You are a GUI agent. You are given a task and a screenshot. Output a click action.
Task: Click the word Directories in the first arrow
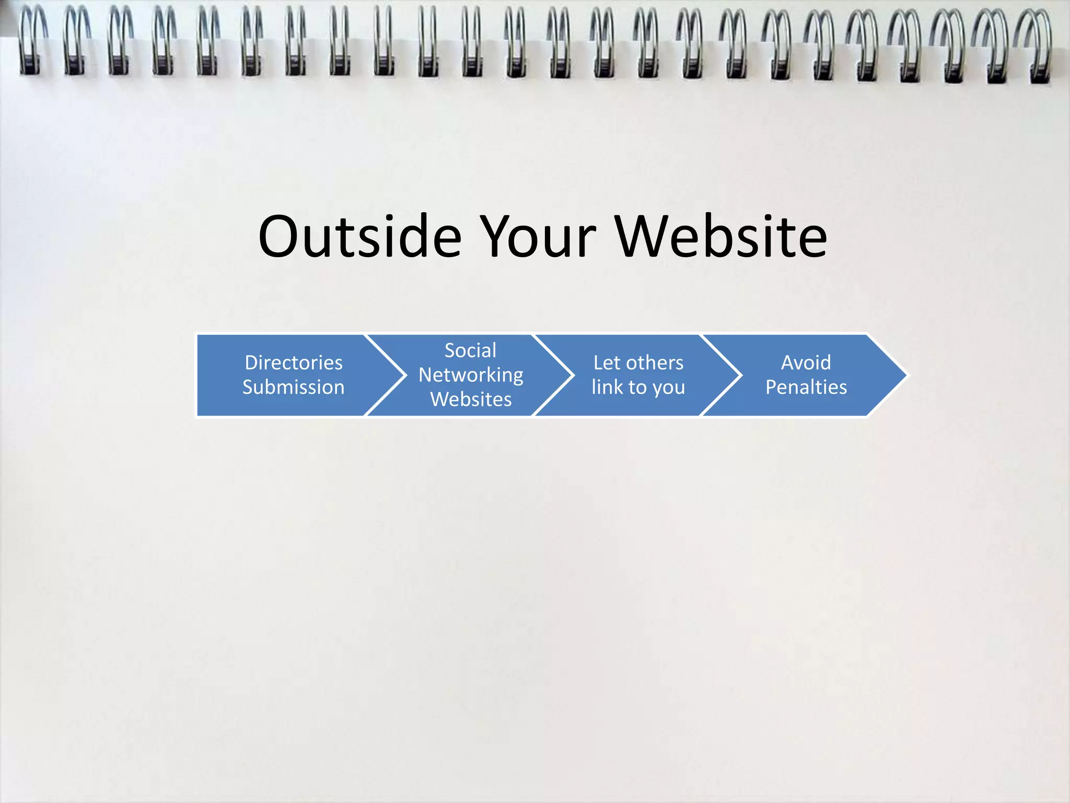pyautogui.click(x=294, y=362)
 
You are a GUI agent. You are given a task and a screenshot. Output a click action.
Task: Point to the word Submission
pyautogui.click(x=294, y=387)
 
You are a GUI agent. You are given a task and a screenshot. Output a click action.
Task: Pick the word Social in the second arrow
pyautogui.click(x=470, y=350)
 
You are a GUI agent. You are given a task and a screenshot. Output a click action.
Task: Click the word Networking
pyautogui.click(x=471, y=375)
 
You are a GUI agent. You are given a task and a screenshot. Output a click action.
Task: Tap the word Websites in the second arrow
pyautogui.click(x=471, y=399)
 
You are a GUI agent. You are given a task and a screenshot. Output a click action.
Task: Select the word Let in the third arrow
pyautogui.click(x=607, y=362)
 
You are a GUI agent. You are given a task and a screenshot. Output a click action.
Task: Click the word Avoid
pyautogui.click(x=806, y=362)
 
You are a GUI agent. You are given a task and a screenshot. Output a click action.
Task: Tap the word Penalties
pyautogui.click(x=806, y=387)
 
